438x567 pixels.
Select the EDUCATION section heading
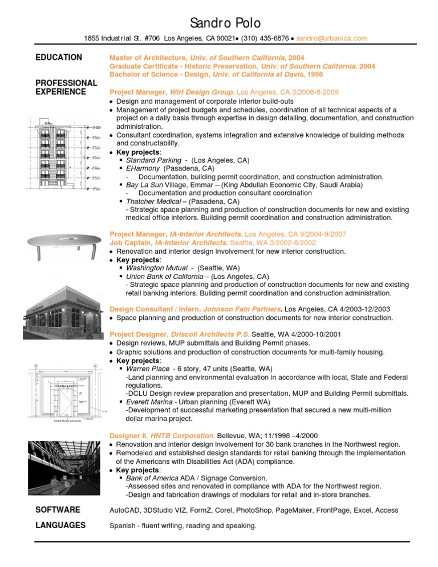click(x=59, y=58)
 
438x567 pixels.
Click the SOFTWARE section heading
click(x=58, y=509)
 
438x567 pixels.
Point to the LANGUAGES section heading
click(x=60, y=525)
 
